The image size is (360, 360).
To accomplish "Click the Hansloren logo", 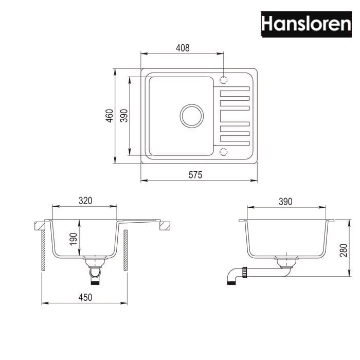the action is click(306, 24).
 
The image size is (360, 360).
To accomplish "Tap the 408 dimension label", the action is click(183, 48).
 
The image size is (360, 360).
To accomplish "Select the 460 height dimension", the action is click(110, 116).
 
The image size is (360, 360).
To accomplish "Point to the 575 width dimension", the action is click(195, 175).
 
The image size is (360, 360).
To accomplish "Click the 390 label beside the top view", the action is click(124, 116).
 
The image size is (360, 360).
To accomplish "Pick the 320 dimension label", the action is click(85, 201).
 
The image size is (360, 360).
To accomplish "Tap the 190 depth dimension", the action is click(74, 239).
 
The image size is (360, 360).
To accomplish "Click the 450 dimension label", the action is click(85, 297).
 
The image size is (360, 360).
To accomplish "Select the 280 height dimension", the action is click(344, 250).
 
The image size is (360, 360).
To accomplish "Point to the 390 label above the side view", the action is click(285, 202).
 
